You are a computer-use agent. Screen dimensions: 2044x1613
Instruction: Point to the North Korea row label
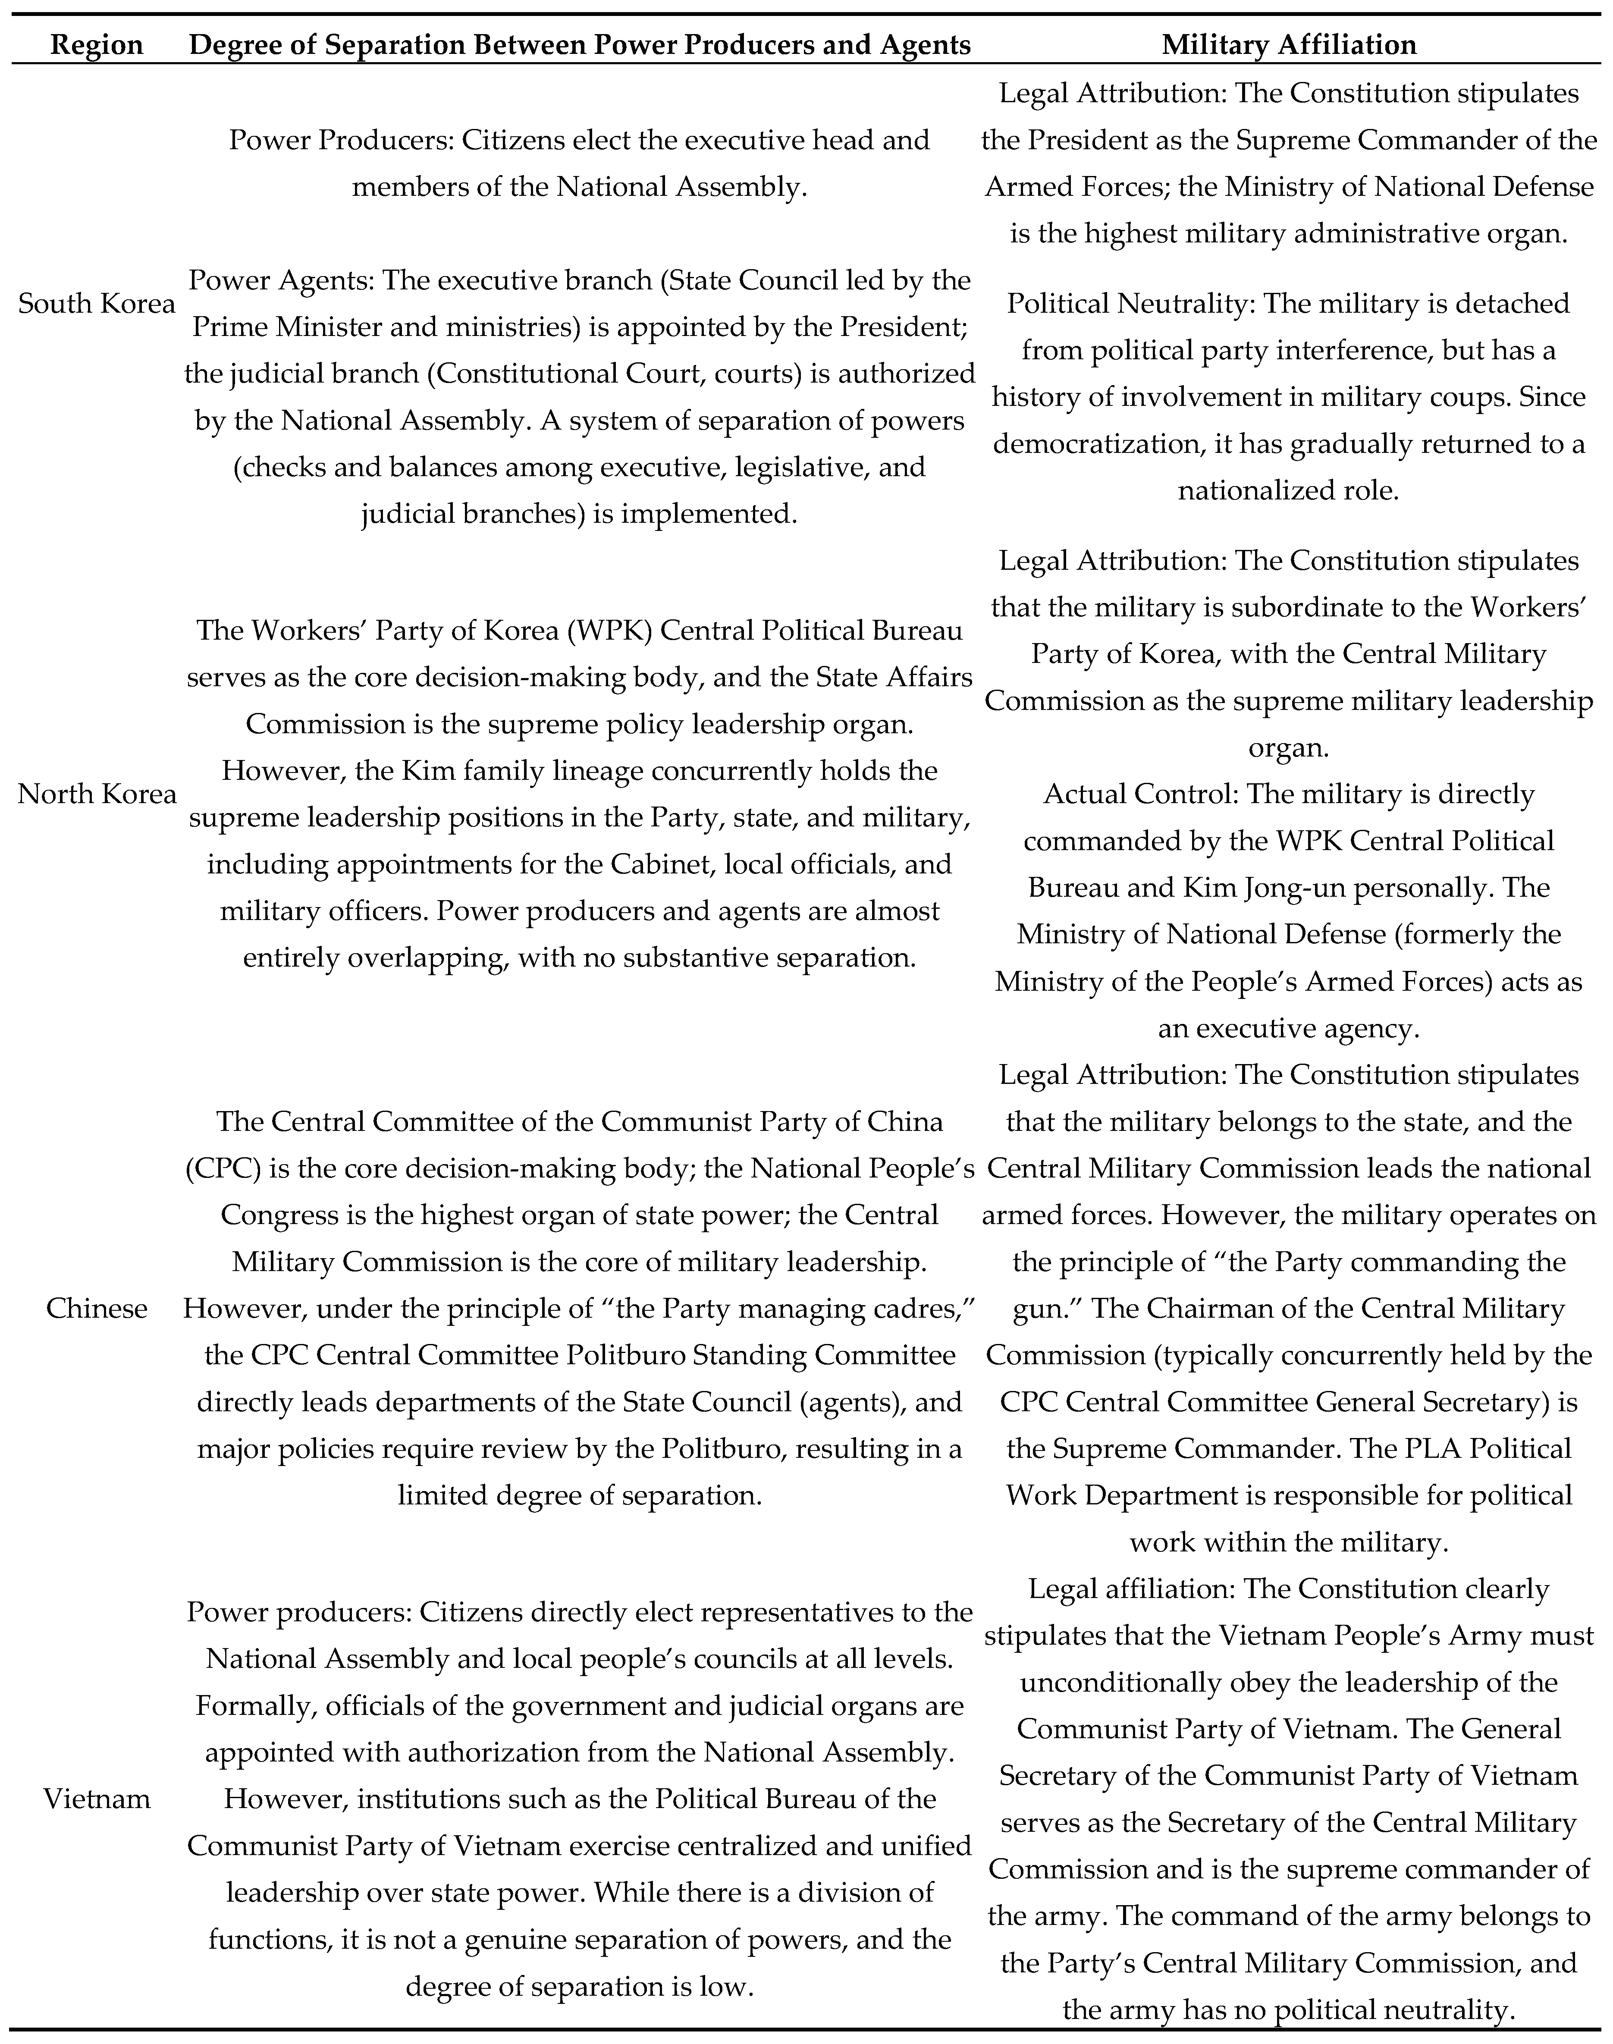96,794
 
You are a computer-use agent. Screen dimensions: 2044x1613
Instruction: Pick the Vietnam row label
96,1799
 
